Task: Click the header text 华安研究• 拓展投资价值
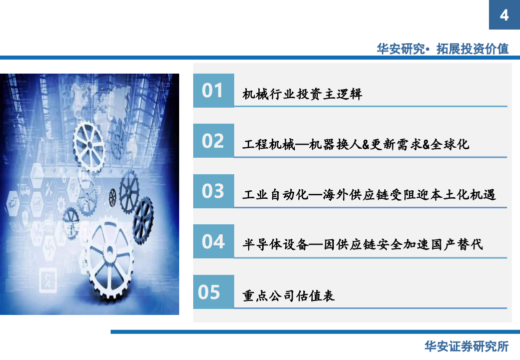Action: (442, 49)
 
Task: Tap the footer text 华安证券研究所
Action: (466, 346)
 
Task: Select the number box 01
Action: (213, 91)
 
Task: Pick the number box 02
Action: (213, 141)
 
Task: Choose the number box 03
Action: (213, 191)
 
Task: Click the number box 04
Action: (213, 242)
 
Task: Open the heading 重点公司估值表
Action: (288, 296)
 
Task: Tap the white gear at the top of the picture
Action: (88, 145)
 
